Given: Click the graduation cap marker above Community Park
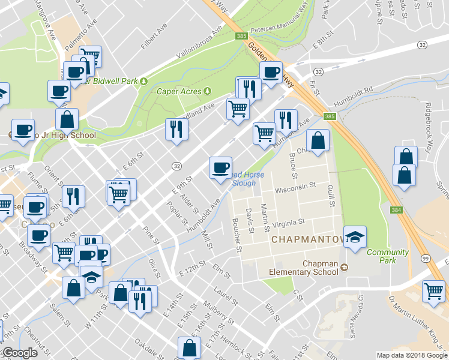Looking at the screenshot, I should [x=355, y=236].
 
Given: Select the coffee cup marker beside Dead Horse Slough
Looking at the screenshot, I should [x=220, y=166].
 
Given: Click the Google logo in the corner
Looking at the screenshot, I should [x=20, y=353].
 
